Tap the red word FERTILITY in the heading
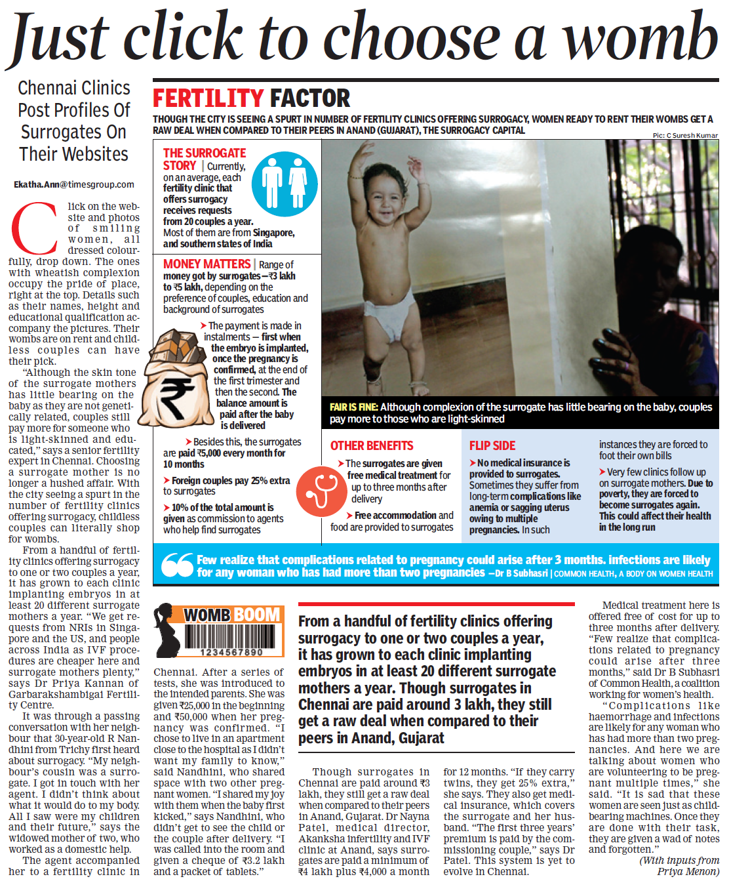(x=208, y=98)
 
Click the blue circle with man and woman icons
(x=285, y=184)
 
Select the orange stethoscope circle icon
(x=320, y=491)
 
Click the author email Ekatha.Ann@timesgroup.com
(x=74, y=185)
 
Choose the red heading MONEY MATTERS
(x=207, y=264)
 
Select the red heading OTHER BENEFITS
(x=372, y=445)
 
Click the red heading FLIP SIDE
(x=492, y=445)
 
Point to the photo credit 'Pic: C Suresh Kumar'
(x=685, y=135)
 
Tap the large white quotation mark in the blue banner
(x=177, y=565)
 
